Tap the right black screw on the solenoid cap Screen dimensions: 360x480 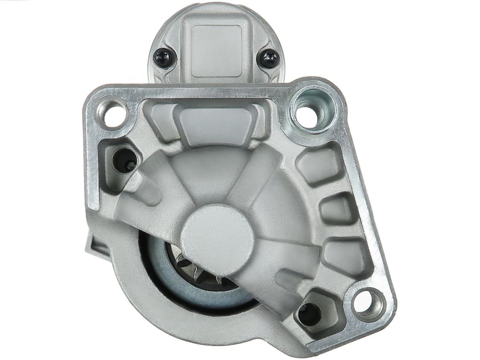[x=269, y=58]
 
